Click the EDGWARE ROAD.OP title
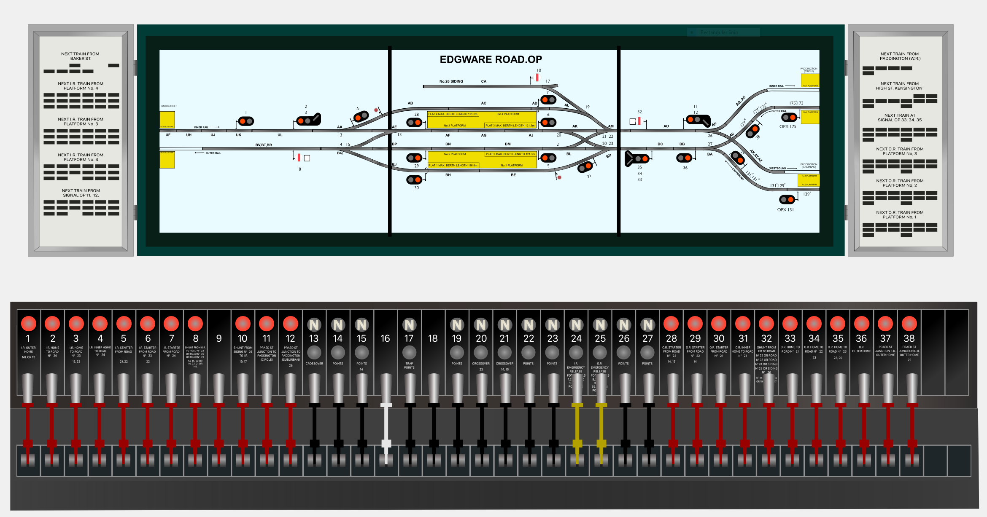click(x=491, y=59)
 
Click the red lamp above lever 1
click(x=29, y=324)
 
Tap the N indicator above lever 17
click(x=409, y=325)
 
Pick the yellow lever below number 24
click(x=577, y=426)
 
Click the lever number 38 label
click(x=909, y=338)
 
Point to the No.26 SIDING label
click(x=451, y=81)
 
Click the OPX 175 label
click(x=787, y=126)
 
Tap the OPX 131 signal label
click(x=785, y=209)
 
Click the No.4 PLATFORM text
click(x=508, y=114)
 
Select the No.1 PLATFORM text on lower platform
click(x=511, y=165)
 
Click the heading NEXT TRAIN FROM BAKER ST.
click(x=80, y=56)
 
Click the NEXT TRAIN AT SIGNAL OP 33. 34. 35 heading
click(x=900, y=118)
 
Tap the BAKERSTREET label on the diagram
click(x=169, y=106)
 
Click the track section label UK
click(x=238, y=135)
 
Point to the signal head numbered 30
click(x=414, y=180)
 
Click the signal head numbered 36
click(x=684, y=158)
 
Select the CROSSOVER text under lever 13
click(x=314, y=364)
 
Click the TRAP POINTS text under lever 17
click(x=409, y=365)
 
